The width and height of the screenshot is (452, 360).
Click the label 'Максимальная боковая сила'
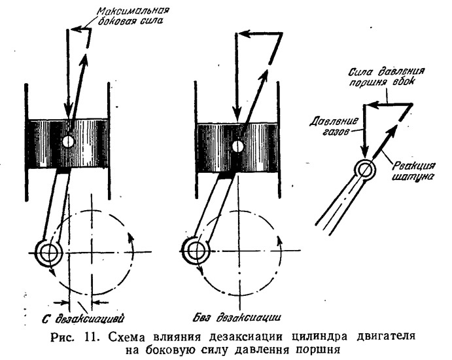point(133,16)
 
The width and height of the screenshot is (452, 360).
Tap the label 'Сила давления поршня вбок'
point(387,77)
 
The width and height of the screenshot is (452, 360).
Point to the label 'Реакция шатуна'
point(414,170)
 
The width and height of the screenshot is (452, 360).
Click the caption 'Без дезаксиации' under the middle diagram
point(237,317)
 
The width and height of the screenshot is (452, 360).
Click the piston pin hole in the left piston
point(69,141)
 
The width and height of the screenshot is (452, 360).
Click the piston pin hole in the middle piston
point(238,147)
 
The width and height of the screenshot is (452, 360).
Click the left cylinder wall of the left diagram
point(27,142)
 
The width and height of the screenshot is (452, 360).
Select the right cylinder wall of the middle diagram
point(279,140)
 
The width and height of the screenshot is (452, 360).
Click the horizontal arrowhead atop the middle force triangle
point(244,34)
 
